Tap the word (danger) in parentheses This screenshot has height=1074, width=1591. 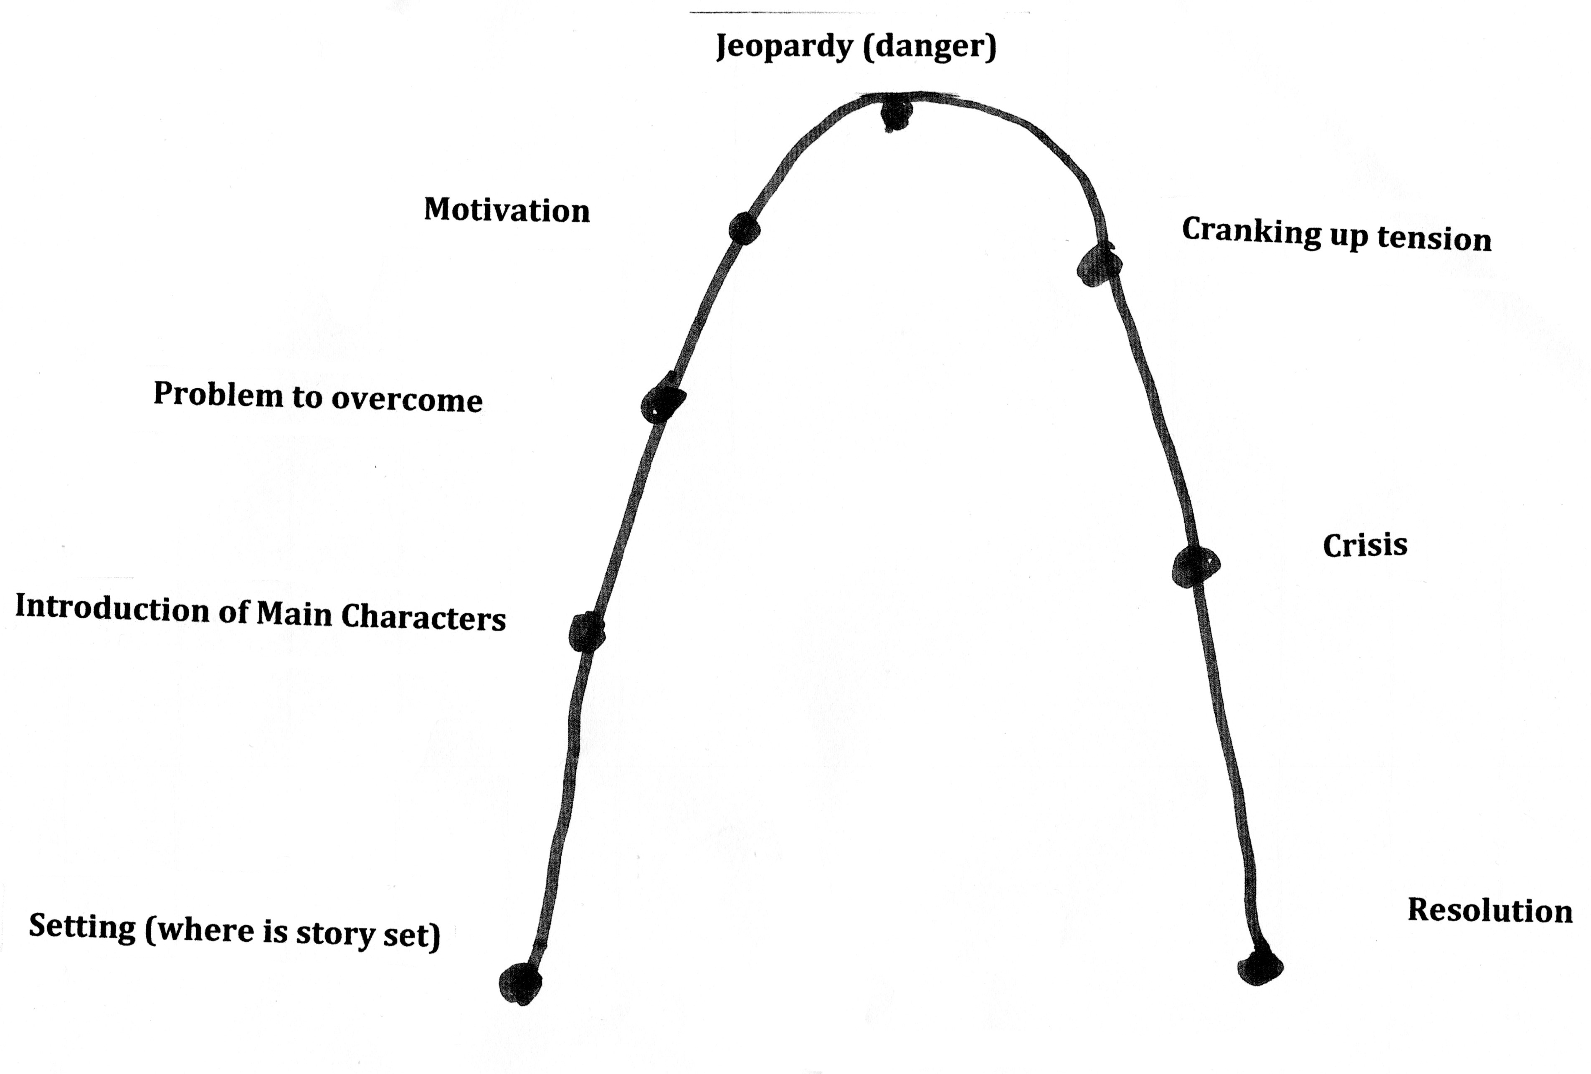click(929, 46)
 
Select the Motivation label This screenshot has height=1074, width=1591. click(507, 210)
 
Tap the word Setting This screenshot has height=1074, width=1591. click(82, 927)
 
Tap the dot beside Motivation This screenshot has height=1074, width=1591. click(744, 228)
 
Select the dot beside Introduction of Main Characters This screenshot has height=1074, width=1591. click(587, 631)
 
